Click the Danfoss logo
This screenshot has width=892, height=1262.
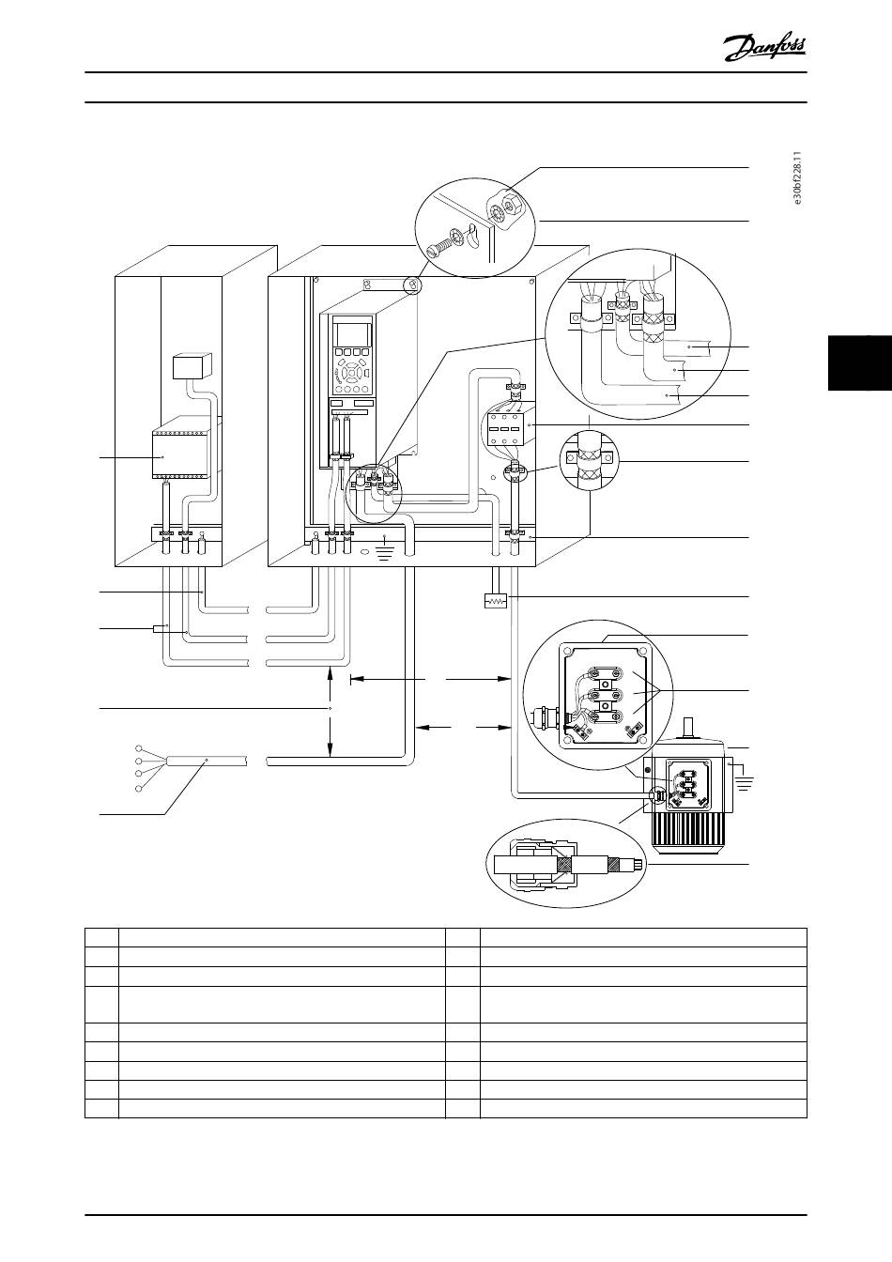tap(765, 45)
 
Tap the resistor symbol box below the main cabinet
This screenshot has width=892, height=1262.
tap(492, 600)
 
